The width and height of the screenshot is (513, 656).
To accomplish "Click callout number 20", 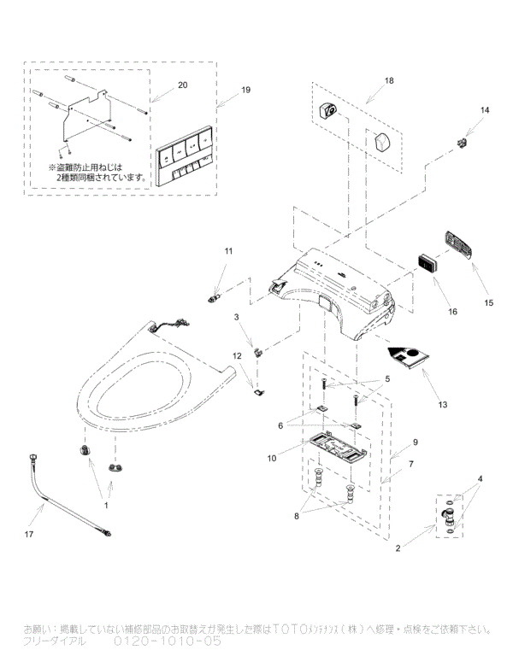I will pos(181,85).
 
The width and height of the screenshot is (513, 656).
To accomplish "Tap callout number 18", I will pos(389,80).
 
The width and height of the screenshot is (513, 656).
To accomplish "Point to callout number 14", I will pos(485,110).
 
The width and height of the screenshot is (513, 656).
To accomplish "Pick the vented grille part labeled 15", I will pos(460,245).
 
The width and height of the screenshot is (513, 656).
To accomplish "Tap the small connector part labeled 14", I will pos(464,141).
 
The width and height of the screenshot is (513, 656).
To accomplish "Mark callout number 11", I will pos(228,251).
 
